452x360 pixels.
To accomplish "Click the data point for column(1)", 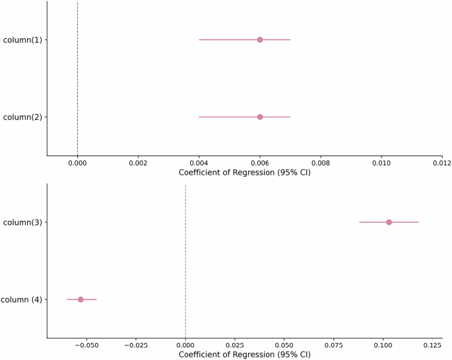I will coord(260,40).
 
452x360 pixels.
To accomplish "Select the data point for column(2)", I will coord(260,117).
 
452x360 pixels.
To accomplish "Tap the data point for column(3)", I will coord(389,222).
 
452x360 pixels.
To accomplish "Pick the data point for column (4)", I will coord(81,299).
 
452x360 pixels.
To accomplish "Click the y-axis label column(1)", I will coord(22,40).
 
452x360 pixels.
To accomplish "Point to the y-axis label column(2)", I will coord(22,117).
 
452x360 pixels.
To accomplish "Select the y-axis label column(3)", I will coord(22,223).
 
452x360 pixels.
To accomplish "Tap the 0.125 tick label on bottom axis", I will coord(432,345).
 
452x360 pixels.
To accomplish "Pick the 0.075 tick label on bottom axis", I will coord(333,345).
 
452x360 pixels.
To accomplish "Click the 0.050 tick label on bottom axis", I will coord(284,345).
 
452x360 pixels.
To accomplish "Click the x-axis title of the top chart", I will coord(244,173).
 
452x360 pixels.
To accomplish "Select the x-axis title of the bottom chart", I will coord(244,355).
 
